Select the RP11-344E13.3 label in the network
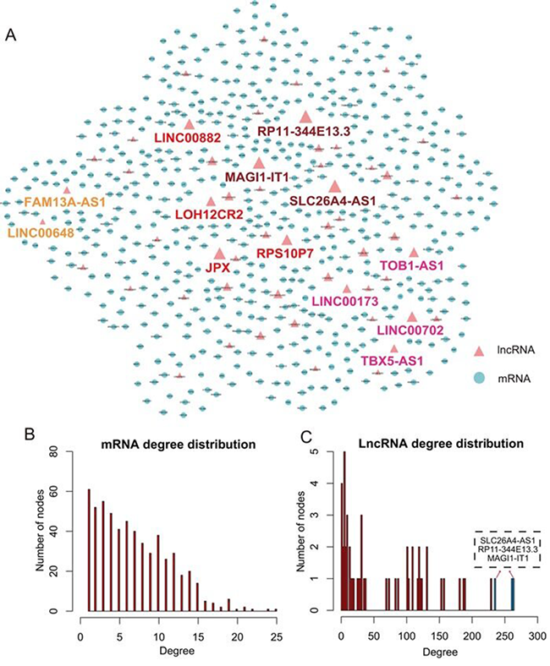click(x=304, y=131)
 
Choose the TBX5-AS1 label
click(x=392, y=362)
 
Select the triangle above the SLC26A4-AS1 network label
click(x=335, y=187)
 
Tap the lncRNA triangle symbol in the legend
click(x=478, y=349)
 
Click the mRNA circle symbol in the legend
click(x=478, y=379)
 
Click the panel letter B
click(x=29, y=436)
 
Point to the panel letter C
click(x=310, y=436)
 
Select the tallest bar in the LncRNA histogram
click(x=344, y=531)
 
